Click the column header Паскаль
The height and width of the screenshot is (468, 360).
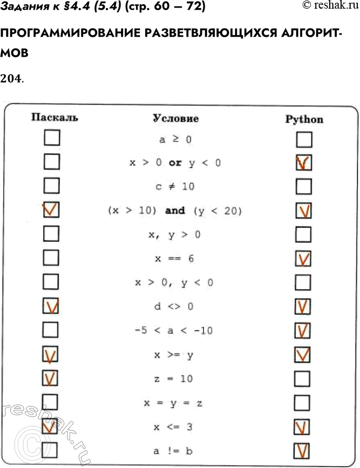[54, 118]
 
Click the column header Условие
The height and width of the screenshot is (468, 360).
[175, 118]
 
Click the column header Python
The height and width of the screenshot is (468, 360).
[304, 119]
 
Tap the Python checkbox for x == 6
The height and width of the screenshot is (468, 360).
[304, 259]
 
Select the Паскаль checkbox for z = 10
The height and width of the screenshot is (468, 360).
[51, 378]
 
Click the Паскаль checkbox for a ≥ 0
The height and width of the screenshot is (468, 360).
[51, 139]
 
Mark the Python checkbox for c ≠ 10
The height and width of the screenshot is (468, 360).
[304, 187]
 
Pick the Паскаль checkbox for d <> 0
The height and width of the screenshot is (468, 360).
[51, 307]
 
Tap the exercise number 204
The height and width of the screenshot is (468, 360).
[11, 79]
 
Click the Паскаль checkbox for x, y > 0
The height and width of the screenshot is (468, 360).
[51, 234]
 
